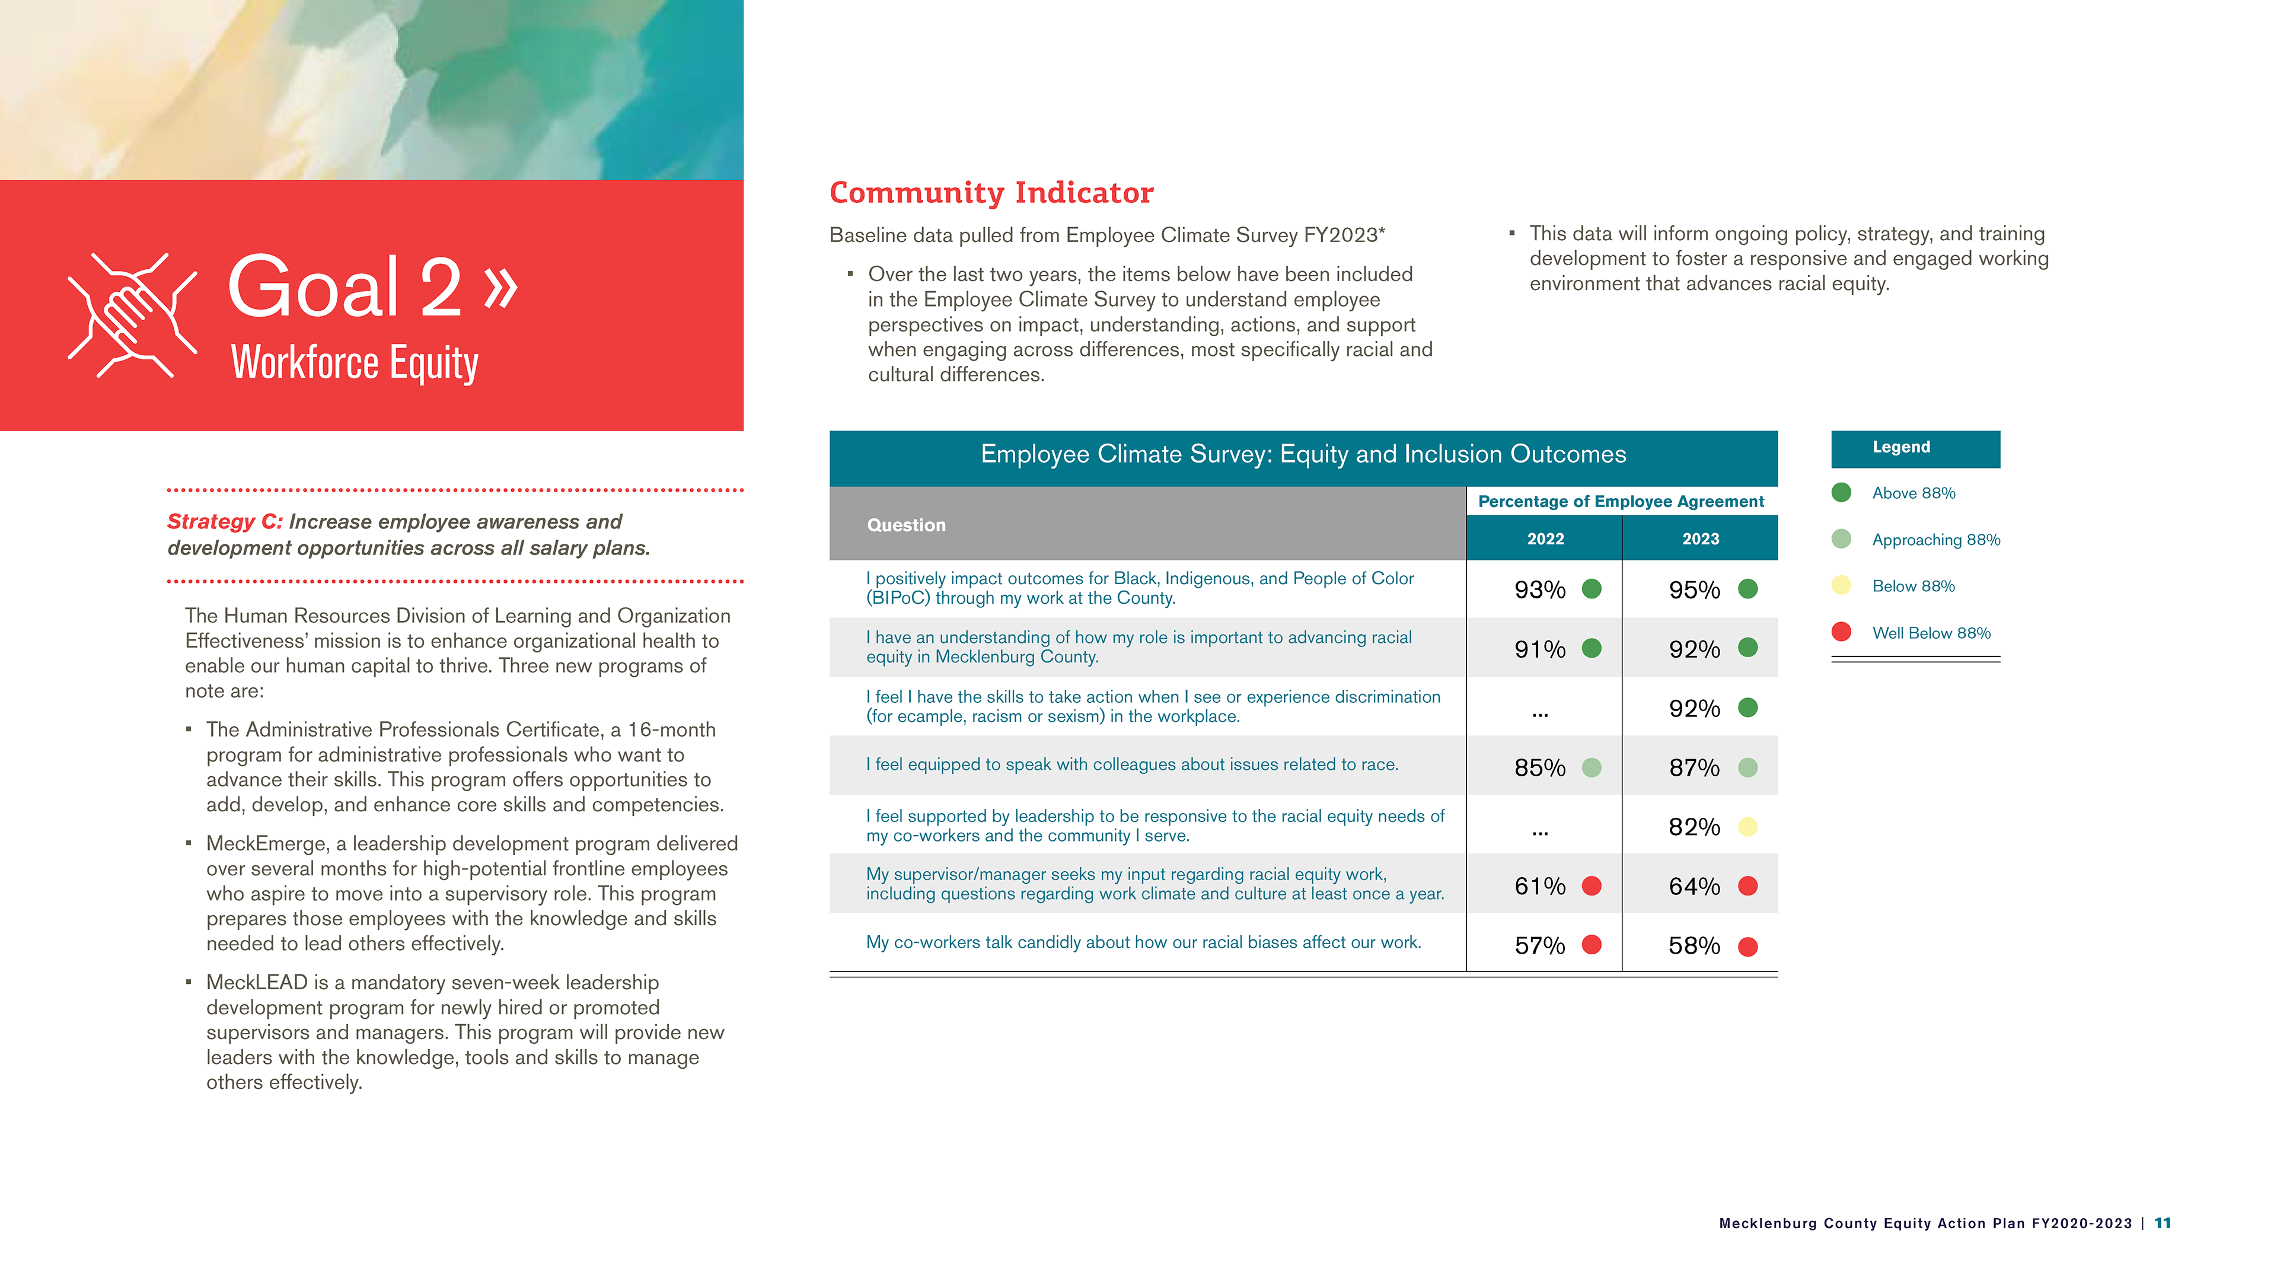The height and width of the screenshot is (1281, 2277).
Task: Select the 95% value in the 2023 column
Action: click(1694, 589)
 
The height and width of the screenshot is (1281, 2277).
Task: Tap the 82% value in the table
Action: click(1694, 827)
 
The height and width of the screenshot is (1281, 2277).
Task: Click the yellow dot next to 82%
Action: click(1747, 827)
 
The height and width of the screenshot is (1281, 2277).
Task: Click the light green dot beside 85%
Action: click(1591, 767)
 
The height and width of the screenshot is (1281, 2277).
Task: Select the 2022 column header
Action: click(1545, 538)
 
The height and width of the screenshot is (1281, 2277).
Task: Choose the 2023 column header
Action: click(1700, 538)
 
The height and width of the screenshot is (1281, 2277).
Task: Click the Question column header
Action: click(906, 525)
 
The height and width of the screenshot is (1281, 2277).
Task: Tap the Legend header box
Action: click(1915, 448)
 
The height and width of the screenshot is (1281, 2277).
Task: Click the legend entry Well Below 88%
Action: click(1931, 633)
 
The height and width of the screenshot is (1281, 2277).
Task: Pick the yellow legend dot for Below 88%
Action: click(1841, 585)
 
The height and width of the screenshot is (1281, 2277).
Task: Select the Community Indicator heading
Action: click(991, 193)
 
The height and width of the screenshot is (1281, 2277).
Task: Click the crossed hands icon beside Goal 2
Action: click(133, 316)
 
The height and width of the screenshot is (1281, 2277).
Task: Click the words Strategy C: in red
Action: click(225, 522)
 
